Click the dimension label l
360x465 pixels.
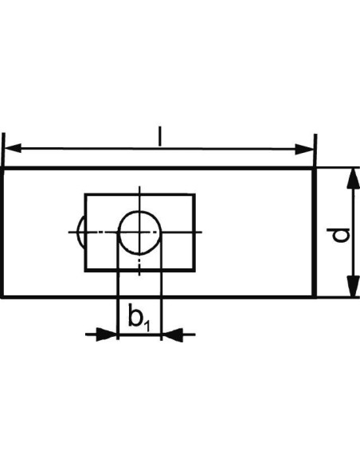pyautogui.click(x=160, y=136)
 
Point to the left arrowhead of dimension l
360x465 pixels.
pyautogui.click(x=13, y=148)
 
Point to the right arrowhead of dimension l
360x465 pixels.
pyautogui.click(x=304, y=149)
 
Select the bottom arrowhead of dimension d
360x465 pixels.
pyautogui.click(x=353, y=286)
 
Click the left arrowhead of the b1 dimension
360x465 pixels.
pyautogui.click(x=107, y=334)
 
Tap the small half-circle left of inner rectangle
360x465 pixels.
pyautogui.click(x=80, y=232)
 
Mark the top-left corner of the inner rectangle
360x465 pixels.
pyautogui.click(x=85, y=194)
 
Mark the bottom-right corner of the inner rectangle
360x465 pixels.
pyautogui.click(x=194, y=271)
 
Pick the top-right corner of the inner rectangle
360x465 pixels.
pyautogui.click(x=194, y=194)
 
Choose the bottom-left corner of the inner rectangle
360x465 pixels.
pyautogui.click(x=85, y=271)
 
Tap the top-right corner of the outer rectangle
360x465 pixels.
pyautogui.click(x=315, y=169)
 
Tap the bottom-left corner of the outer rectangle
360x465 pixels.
pyautogui.click(x=2, y=296)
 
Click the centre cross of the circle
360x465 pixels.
pyautogui.click(x=139, y=232)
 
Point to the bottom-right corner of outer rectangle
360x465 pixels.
pyautogui.click(x=315, y=296)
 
